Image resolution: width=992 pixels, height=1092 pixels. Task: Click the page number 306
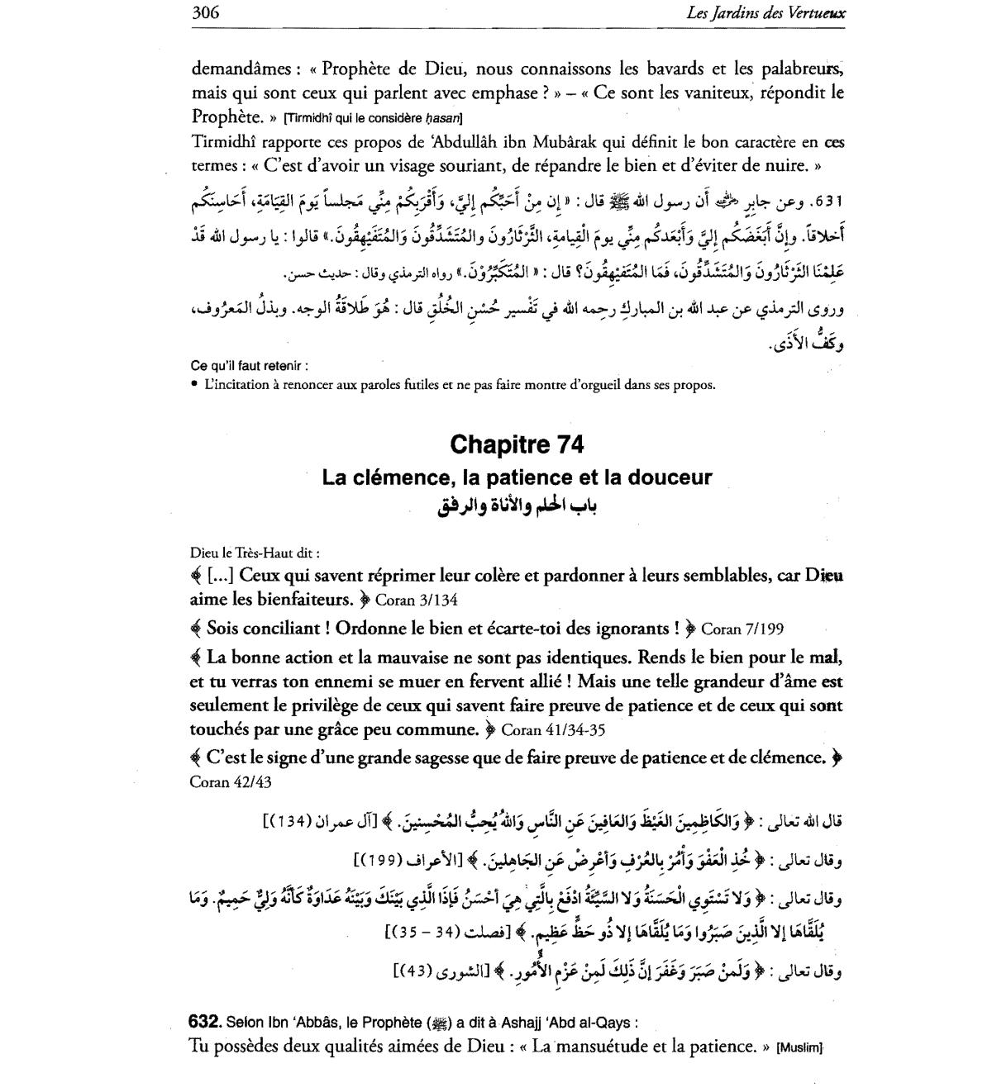click(206, 12)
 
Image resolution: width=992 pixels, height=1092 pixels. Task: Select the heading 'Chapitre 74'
click(517, 444)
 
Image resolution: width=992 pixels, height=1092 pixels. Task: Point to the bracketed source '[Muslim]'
click(799, 1047)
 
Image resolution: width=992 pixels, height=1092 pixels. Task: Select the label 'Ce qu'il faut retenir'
click(250, 365)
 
